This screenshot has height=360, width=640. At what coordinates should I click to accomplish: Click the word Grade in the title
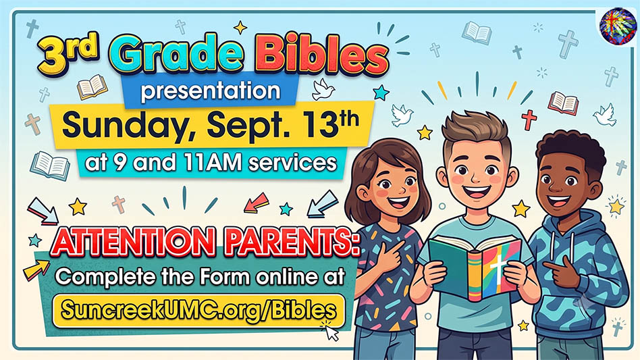[x=176, y=53]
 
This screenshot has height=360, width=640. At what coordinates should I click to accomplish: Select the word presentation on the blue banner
[x=211, y=91]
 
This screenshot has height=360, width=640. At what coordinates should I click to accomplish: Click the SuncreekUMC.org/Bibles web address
[x=198, y=310]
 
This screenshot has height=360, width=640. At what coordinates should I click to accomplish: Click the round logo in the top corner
[x=618, y=26]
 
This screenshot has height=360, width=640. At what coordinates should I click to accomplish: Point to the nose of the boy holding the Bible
[x=477, y=178]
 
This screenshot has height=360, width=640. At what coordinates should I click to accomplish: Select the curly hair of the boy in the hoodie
[x=570, y=150]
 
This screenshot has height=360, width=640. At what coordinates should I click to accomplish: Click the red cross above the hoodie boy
[x=529, y=120]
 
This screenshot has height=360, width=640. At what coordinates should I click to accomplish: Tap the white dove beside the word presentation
[x=323, y=89]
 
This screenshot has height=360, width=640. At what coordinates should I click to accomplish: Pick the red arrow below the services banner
[x=257, y=203]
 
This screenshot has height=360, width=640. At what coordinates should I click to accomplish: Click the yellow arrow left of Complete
[x=36, y=269]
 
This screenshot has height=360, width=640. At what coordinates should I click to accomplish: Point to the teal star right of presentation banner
[x=381, y=93]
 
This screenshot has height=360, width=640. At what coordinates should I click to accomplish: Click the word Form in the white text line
[x=225, y=277]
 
